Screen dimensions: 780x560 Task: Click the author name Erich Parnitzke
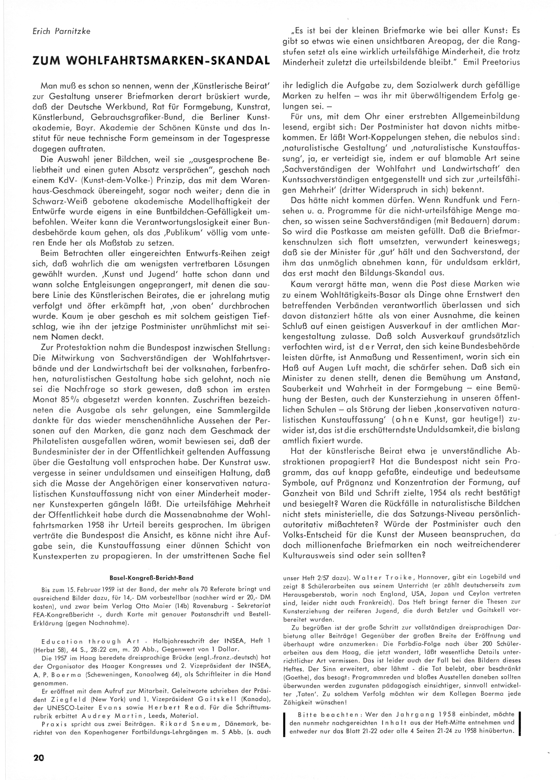pyautogui.click(x=61, y=31)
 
